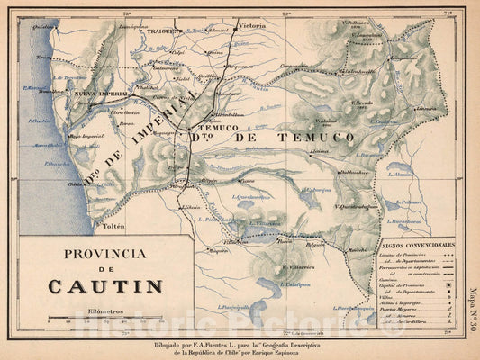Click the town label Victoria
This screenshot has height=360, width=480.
[251, 26]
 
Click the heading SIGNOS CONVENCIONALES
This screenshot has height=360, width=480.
[418, 245]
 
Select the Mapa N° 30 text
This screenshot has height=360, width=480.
[472, 311]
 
